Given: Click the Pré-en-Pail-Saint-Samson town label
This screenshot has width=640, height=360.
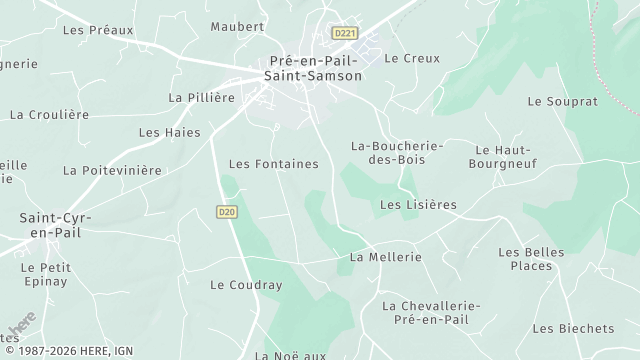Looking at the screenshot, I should point(314,67).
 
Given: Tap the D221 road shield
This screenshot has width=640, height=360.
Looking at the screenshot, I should point(346,33).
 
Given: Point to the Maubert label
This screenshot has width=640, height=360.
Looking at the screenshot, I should point(238,26).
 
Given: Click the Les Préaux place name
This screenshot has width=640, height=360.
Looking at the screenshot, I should point(97,30).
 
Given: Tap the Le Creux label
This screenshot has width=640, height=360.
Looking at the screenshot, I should point(412,58).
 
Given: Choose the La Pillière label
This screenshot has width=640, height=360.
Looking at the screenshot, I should point(201,98).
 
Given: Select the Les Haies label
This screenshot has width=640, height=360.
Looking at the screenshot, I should point(169,132).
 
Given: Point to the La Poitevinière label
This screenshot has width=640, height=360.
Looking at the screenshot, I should point(112,170).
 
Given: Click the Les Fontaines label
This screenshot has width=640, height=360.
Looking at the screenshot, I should point(273,163).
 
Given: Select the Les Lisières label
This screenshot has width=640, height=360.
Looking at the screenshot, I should point(418,205).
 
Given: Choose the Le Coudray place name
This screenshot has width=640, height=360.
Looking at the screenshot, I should point(246,285).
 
